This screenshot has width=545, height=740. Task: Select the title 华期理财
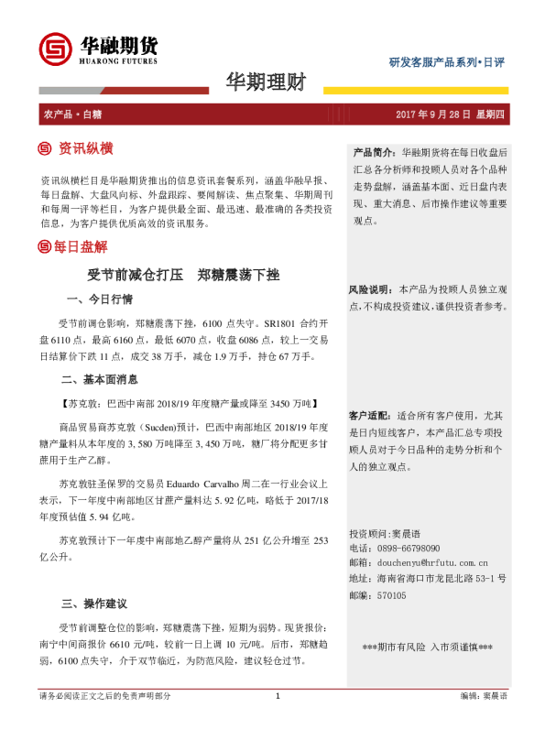[x=266, y=83]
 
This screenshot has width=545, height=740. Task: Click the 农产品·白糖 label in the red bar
[x=72, y=114]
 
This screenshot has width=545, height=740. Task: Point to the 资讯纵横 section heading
[x=85, y=148]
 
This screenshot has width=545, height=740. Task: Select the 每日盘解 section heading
[x=81, y=246]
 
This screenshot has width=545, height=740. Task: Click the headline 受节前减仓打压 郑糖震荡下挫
[x=182, y=274]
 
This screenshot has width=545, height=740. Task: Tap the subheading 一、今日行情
[x=100, y=299]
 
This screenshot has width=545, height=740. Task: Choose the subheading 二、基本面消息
[x=99, y=378]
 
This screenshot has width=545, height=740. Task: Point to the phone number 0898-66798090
[x=413, y=548]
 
